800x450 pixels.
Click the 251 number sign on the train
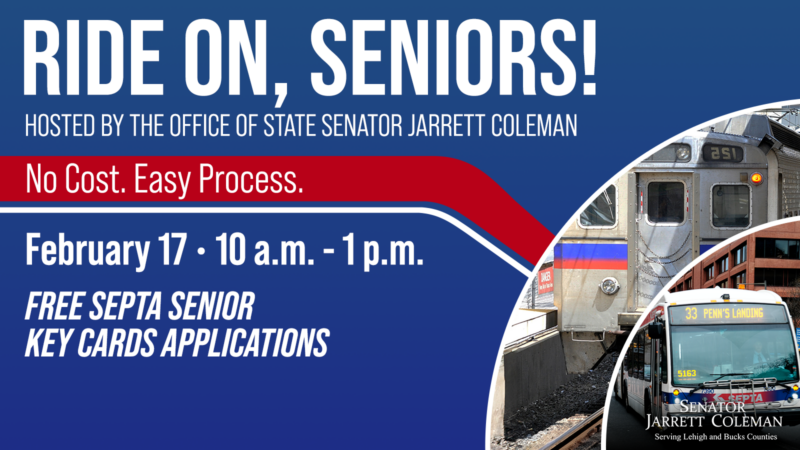[724, 153]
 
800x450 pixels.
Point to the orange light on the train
[758, 178]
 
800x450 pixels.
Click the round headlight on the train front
[608, 286]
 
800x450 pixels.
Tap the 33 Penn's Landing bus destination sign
[727, 314]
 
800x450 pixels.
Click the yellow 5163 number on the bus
[685, 373]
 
